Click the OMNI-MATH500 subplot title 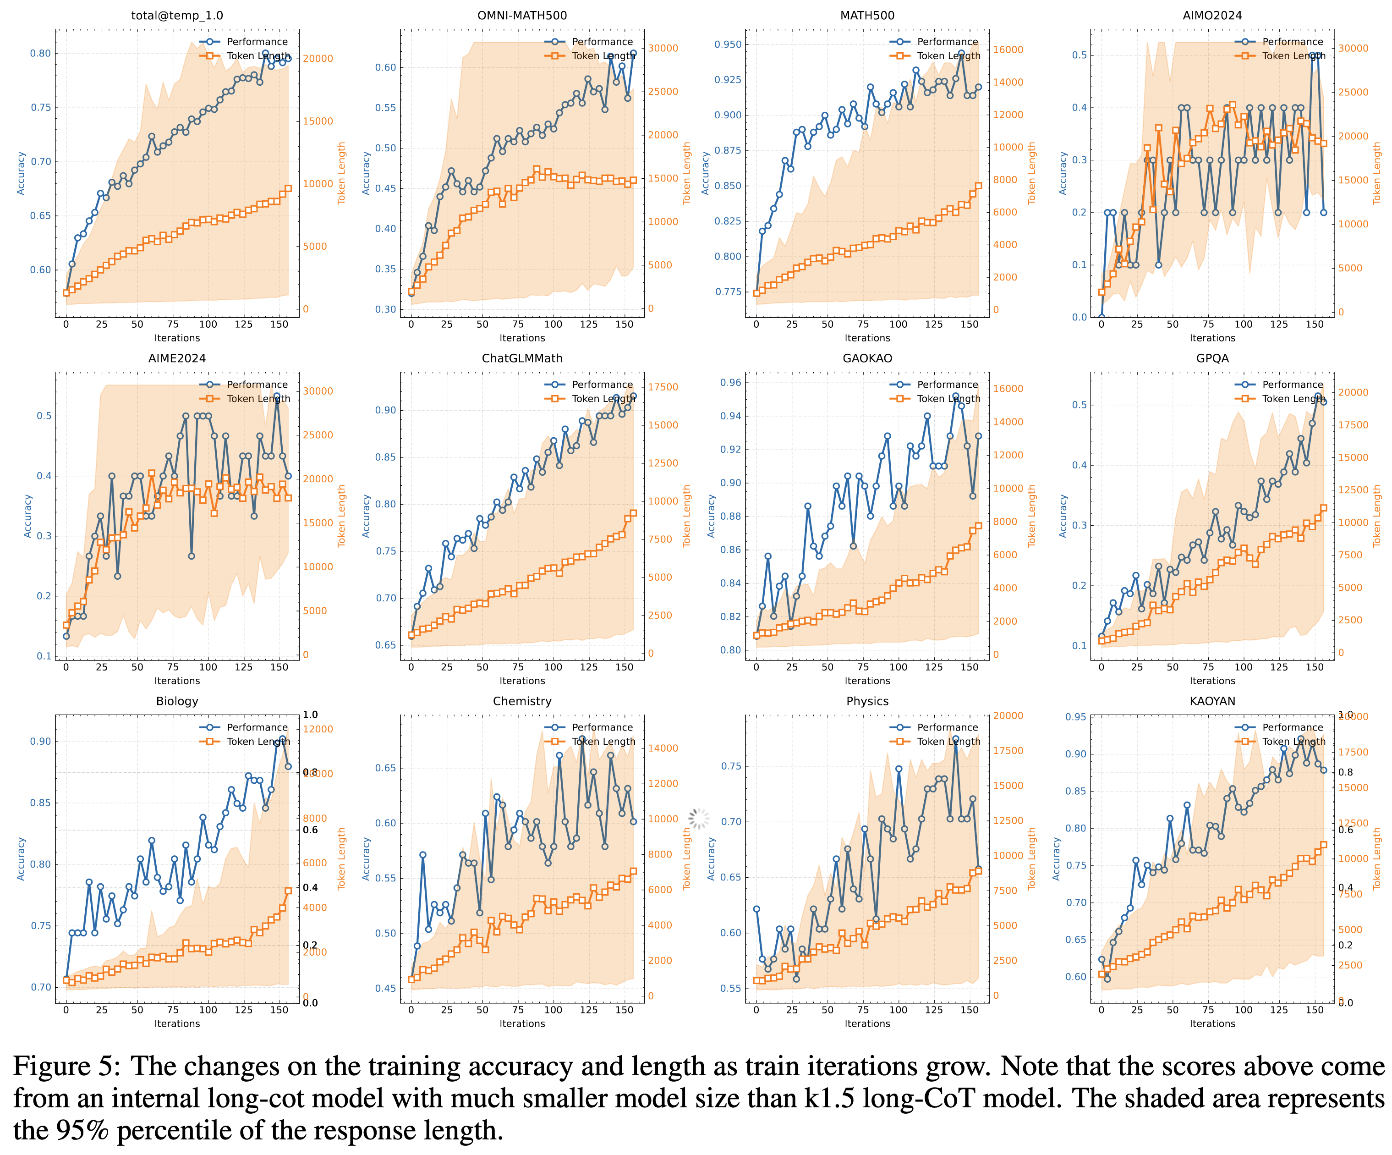[522, 15]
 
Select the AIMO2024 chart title [1212, 15]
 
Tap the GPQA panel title [1212, 358]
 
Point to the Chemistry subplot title [522, 701]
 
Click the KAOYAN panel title [1212, 701]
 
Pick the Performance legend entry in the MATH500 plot [947, 42]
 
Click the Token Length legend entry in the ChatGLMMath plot [603, 398]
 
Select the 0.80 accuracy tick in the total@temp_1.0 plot [40, 54]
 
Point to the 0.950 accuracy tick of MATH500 [728, 44]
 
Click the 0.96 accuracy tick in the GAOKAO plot [730, 383]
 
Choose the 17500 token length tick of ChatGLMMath [663, 387]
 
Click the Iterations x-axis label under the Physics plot [867, 1024]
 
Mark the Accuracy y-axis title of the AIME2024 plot [28, 516]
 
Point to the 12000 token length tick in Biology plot [318, 729]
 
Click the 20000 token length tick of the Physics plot [1008, 716]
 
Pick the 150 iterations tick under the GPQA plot [1315, 667]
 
